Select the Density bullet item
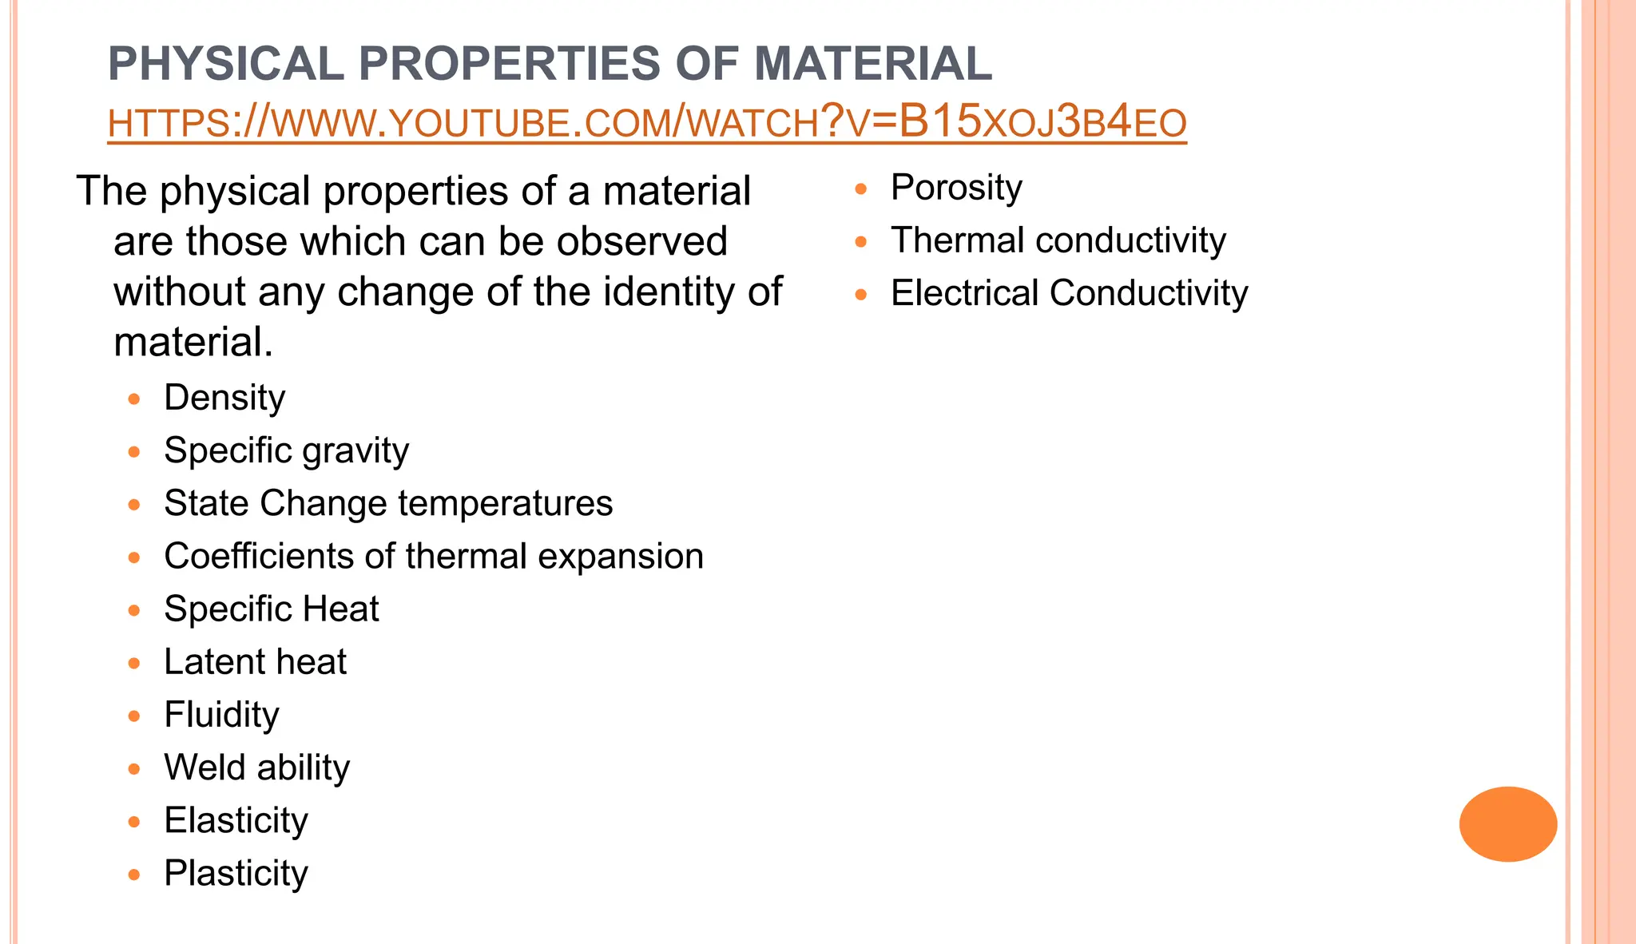pyautogui.click(x=224, y=398)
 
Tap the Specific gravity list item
pyautogui.click(x=286, y=450)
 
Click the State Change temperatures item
pyautogui.click(x=388, y=503)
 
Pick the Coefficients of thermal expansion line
pyautogui.click(x=434, y=556)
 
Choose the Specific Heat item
pyautogui.click(x=271, y=609)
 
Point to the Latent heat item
pyautogui.click(x=255, y=661)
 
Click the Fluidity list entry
pyautogui.click(x=221, y=714)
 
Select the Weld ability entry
pyautogui.click(x=256, y=767)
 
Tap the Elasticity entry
pyautogui.click(x=236, y=820)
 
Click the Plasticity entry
pyautogui.click(x=236, y=873)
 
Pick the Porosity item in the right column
pyautogui.click(x=956, y=188)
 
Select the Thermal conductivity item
pyautogui.click(x=1058, y=240)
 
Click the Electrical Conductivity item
pyautogui.click(x=1069, y=293)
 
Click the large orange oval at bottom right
pyautogui.click(x=1507, y=823)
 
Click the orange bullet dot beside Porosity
pyautogui.click(x=860, y=189)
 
